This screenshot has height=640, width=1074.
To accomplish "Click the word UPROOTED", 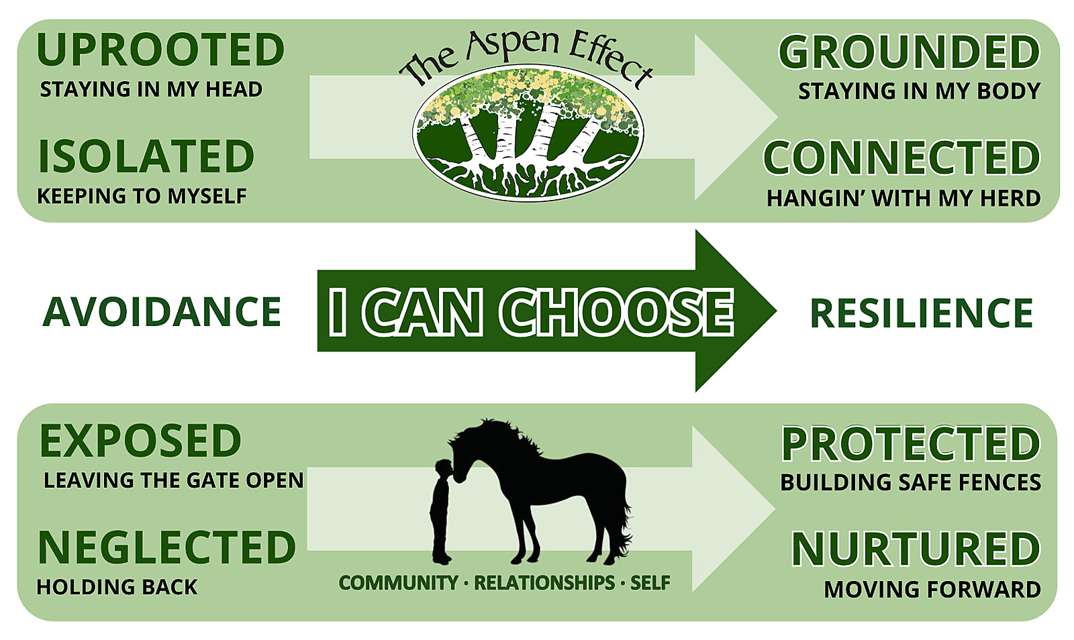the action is tap(160, 50).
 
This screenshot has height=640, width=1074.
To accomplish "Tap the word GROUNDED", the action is tap(910, 52).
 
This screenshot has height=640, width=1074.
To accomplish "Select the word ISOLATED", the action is tap(146, 156).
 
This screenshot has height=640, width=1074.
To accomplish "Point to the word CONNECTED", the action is tap(902, 158).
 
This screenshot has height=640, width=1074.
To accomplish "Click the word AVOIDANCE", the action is tap(162, 312).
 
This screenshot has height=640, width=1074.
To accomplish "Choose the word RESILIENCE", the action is tap(921, 313).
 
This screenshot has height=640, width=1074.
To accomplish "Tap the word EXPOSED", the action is tap(140, 441).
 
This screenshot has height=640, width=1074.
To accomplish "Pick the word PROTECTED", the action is tap(911, 443).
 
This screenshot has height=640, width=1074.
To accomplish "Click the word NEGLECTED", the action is tap(166, 547).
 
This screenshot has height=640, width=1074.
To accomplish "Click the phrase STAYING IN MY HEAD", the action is tap(151, 90).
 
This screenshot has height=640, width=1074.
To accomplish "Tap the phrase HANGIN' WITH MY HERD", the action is tap(904, 198).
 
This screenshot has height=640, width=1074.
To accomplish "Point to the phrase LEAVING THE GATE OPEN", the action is tap(174, 480).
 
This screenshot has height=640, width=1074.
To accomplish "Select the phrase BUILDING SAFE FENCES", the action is tap(910, 482).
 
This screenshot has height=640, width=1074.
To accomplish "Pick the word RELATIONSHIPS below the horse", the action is tap(544, 583).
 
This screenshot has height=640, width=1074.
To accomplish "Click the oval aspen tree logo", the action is tap(528, 134).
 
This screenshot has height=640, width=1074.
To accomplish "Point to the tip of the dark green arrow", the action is tap(776, 311).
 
